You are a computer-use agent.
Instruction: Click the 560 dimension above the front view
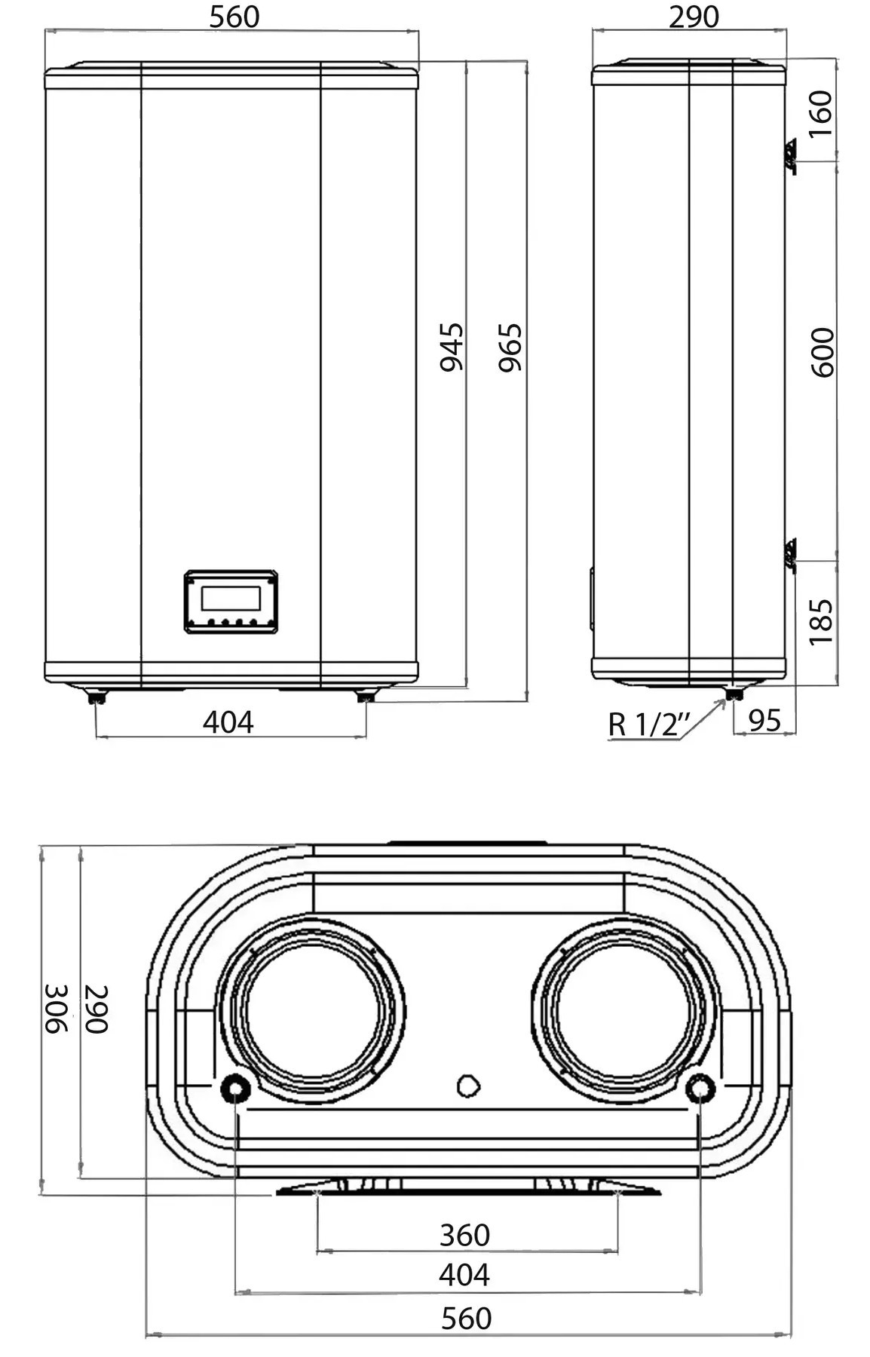234,17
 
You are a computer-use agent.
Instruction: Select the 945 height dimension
452,347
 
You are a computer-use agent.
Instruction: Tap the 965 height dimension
510,347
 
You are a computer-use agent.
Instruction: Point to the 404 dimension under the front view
228,722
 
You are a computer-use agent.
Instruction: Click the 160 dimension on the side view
821,113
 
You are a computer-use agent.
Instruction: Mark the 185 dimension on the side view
821,622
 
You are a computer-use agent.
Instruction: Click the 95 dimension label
764,721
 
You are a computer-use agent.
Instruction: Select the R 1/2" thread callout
649,724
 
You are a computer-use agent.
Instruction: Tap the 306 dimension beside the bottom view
56,1009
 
